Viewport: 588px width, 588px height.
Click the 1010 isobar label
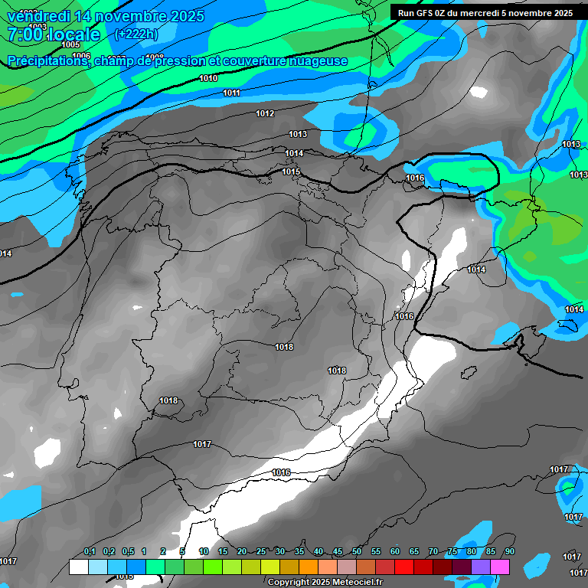pyautogui.click(x=208, y=79)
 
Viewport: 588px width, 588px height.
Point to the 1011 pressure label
pyautogui.click(x=232, y=93)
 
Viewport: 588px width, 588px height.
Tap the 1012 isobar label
pyautogui.click(x=265, y=113)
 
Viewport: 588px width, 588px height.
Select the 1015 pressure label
pyautogui.click(x=291, y=171)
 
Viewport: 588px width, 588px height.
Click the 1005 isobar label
pyautogui.click(x=70, y=45)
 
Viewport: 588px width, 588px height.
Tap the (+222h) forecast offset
pyautogui.click(x=136, y=34)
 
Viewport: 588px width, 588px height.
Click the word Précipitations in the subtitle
pyautogui.click(x=47, y=61)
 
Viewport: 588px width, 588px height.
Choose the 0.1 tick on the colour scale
pyautogui.click(x=90, y=552)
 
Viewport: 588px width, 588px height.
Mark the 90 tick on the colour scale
pyautogui.click(x=509, y=552)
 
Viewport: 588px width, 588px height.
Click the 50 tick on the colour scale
pyautogui.click(x=356, y=552)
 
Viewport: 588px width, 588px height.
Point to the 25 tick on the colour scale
pyautogui.click(x=261, y=552)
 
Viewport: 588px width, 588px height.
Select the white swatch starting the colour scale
pyautogui.click(x=78, y=567)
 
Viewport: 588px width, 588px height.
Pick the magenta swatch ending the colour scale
pyautogui.click(x=500, y=567)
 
